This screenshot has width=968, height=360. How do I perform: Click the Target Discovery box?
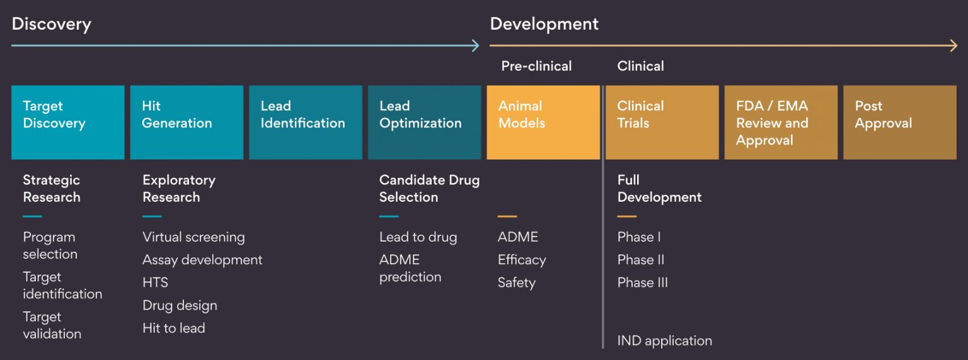click(x=67, y=122)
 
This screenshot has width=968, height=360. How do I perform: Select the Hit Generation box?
click(x=187, y=122)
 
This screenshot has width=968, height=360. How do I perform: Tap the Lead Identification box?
click(x=305, y=122)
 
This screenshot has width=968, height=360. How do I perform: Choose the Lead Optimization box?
click(x=424, y=122)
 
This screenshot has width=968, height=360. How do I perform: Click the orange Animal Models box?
click(x=543, y=122)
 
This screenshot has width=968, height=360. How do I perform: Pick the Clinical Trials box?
click(x=662, y=122)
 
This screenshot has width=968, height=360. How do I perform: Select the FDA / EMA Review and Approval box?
click(x=781, y=122)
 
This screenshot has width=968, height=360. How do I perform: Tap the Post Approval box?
click(x=899, y=122)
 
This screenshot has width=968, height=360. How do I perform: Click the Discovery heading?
click(x=52, y=24)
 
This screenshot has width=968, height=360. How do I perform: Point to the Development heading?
click(x=544, y=24)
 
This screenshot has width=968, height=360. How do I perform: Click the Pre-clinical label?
click(x=536, y=66)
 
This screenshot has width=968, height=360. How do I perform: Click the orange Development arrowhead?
click(x=954, y=45)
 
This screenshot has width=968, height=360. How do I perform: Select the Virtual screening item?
click(x=193, y=237)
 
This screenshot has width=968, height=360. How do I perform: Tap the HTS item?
click(x=155, y=282)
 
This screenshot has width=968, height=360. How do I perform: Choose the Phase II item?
click(x=641, y=260)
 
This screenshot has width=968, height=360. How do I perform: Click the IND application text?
click(x=665, y=341)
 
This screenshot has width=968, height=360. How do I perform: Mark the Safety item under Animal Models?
click(x=516, y=282)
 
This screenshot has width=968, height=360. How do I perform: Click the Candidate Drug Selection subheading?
click(x=429, y=189)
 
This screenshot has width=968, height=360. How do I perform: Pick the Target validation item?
click(x=52, y=325)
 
